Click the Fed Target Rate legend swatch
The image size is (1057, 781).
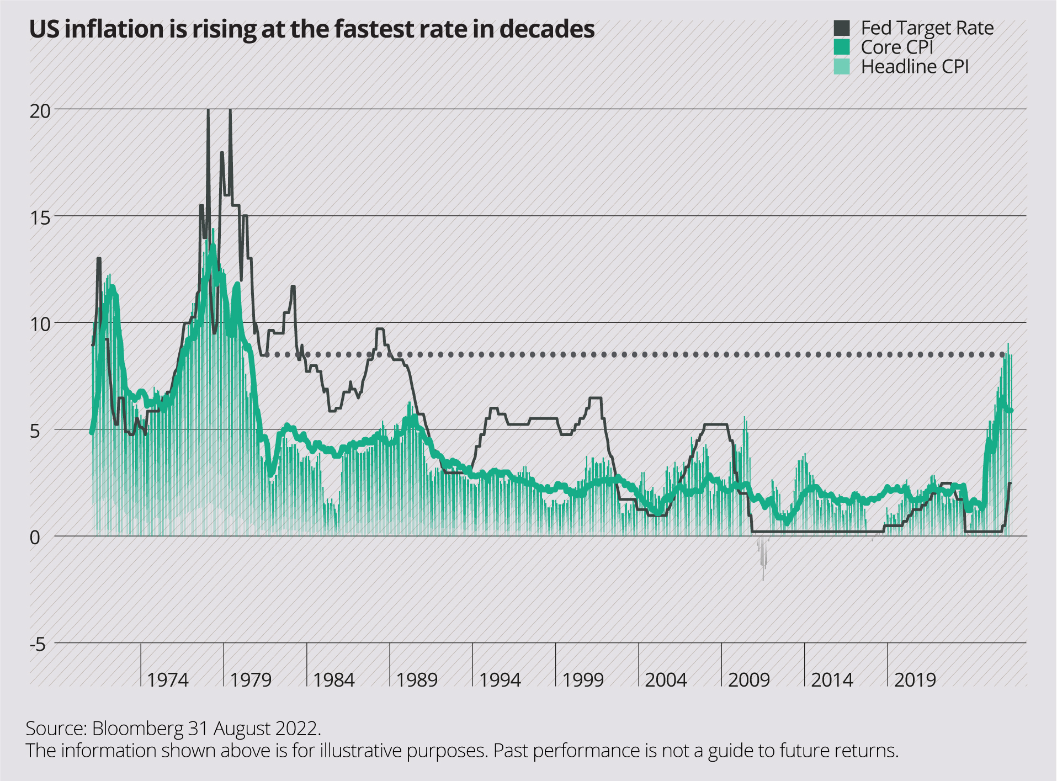tap(841, 28)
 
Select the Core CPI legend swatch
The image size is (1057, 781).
tap(841, 47)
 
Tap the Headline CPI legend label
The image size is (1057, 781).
tap(915, 67)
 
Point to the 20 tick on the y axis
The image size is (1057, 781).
tap(40, 111)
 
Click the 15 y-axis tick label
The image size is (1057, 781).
tap(40, 218)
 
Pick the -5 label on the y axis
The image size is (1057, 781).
tap(38, 644)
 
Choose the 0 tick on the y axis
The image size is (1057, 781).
tap(35, 538)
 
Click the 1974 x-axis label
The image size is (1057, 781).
tap(168, 680)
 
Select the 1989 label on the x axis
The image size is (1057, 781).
tap(417, 680)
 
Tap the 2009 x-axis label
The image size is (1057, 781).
tap(748, 680)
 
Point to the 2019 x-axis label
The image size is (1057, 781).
tap(915, 680)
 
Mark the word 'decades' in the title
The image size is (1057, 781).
tap(547, 29)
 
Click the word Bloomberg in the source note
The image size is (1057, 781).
tap(137, 729)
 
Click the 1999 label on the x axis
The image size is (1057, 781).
tap(583, 680)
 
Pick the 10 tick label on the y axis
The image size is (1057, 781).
tap(40, 325)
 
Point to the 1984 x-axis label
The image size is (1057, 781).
tap(333, 680)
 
